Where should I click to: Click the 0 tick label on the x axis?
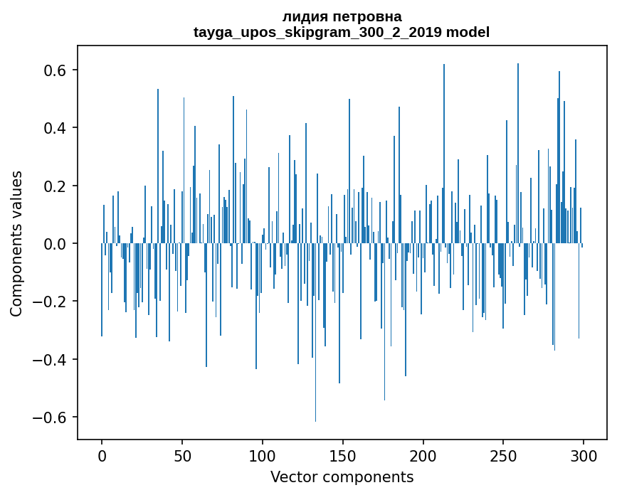point(102,456)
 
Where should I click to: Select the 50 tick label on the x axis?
point(182,456)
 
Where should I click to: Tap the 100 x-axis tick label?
point(263,456)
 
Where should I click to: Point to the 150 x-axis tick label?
point(343,456)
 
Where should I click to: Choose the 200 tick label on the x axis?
point(423,456)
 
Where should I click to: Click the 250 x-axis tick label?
point(504,456)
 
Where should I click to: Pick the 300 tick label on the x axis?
point(584,456)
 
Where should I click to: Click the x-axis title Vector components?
point(342,477)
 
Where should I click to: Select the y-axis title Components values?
point(16,243)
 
